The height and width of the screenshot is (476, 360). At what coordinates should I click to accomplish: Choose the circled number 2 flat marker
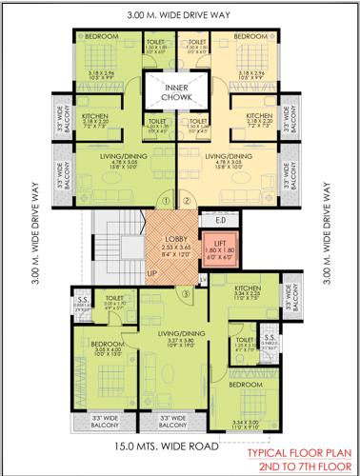[187, 201]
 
